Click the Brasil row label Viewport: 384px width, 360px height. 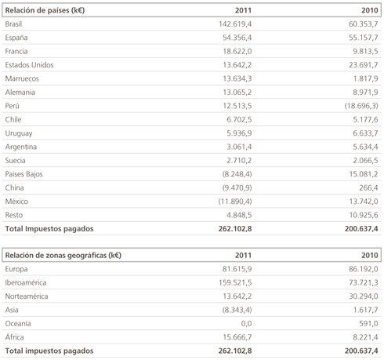click(x=13, y=24)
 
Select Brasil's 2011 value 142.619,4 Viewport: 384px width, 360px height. click(x=235, y=24)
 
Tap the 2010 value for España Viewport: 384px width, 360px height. click(x=364, y=38)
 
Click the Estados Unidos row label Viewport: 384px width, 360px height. click(x=29, y=65)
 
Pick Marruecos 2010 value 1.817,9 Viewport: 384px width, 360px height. click(x=366, y=78)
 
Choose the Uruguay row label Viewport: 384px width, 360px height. click(x=19, y=133)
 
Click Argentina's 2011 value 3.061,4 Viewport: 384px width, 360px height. click(x=239, y=147)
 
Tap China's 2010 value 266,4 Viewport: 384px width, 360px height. click(x=368, y=187)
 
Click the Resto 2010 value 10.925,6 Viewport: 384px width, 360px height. click(x=364, y=215)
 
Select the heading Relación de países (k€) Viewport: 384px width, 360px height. click(x=45, y=10)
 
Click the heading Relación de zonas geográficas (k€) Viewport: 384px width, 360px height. click(x=63, y=255)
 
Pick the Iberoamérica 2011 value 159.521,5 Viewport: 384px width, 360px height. click(x=235, y=282)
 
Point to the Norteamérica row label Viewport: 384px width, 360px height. click(x=27, y=296)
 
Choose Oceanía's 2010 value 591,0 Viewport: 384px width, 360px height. click(x=368, y=323)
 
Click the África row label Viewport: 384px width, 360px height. click(x=14, y=336)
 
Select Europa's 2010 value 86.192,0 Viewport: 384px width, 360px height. click(x=364, y=269)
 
